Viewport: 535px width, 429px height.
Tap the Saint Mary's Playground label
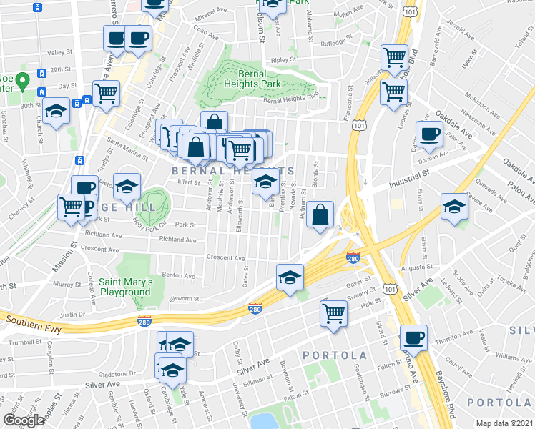point(125,287)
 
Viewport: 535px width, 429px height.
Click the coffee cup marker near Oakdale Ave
point(429,135)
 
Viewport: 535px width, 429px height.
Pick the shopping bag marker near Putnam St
point(321,213)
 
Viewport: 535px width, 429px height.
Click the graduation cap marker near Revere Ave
point(454,207)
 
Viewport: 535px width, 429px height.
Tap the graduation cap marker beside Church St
point(56,112)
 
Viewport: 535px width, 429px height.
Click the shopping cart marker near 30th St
point(106,92)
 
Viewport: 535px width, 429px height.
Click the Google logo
point(24,421)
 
